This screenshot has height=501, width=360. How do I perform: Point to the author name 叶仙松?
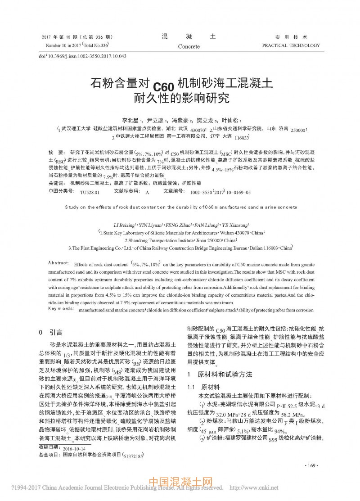click(231, 120)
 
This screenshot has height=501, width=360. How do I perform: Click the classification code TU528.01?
click(89, 192)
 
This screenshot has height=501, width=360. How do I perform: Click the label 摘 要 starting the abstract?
click(56, 153)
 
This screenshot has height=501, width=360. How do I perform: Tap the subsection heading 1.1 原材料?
click(203, 386)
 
